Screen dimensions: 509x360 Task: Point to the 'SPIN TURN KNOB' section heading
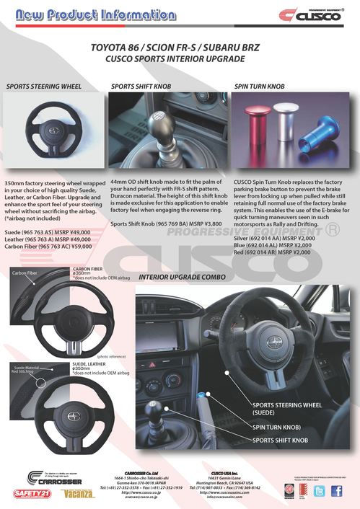coord(260,86)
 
